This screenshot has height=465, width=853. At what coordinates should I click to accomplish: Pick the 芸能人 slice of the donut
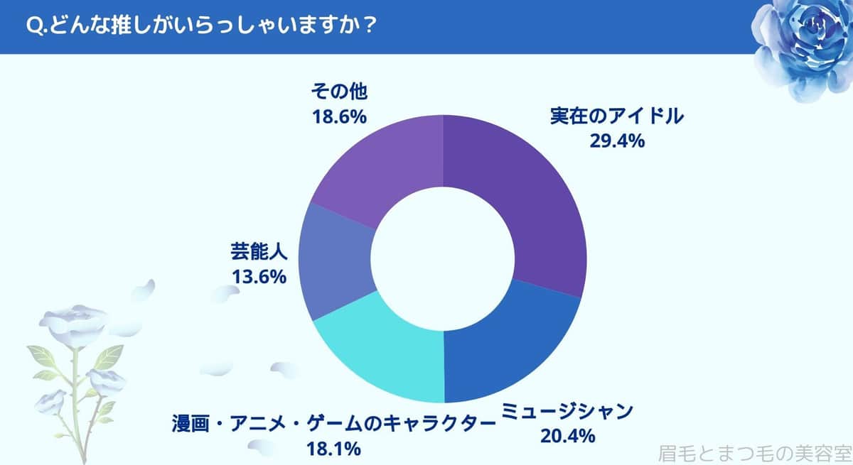(334, 263)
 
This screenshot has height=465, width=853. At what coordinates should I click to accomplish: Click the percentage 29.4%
(616, 141)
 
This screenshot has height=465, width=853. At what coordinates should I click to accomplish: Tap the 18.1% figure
(335, 449)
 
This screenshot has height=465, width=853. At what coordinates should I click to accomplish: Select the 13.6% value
(259, 275)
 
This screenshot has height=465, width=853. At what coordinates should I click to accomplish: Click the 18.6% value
(339, 116)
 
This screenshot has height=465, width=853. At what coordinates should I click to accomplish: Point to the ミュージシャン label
(567, 411)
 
